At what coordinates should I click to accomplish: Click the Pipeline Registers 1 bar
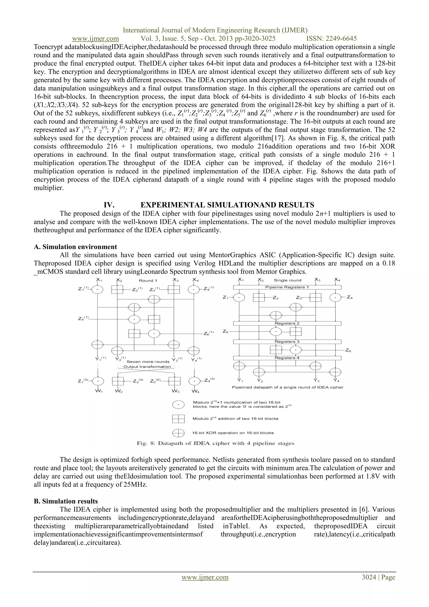tap(287, 287)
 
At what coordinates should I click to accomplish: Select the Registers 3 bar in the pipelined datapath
tap(287, 342)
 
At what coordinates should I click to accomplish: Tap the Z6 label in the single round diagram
tap(348, 351)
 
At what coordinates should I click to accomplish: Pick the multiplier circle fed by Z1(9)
tap(98, 381)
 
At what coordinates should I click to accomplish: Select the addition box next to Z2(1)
tap(117, 289)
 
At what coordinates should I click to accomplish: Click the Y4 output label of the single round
tap(336, 380)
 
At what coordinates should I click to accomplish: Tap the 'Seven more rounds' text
tap(148, 361)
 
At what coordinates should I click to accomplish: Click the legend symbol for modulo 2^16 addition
tap(178, 419)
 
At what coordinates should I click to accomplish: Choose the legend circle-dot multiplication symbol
tap(178, 405)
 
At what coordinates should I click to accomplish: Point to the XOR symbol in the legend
tap(178, 433)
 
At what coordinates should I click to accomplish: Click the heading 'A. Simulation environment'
tap(75, 247)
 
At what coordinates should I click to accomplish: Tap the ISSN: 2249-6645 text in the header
tap(332, 39)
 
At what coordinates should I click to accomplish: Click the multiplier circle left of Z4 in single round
tap(336, 298)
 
